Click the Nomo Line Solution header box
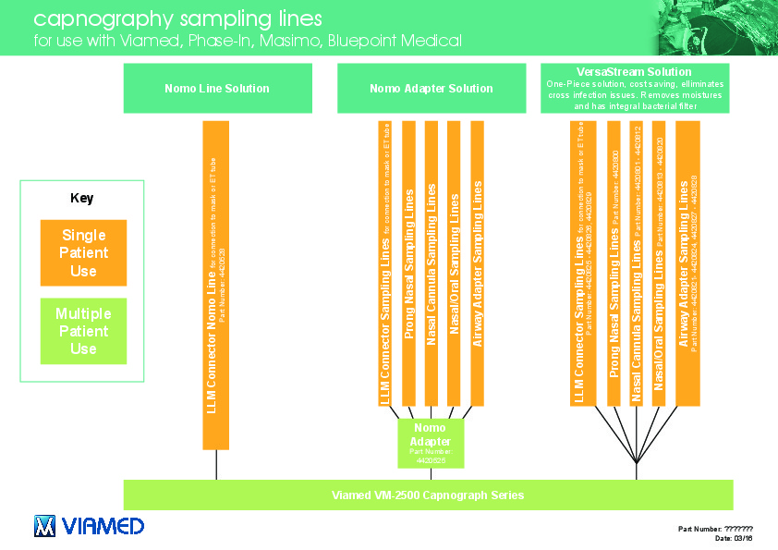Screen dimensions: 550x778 point(216,89)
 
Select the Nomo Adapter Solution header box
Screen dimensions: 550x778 point(431,89)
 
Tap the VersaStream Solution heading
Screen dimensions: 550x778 point(634,72)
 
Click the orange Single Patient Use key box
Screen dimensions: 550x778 point(83,252)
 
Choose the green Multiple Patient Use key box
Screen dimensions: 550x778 point(83,331)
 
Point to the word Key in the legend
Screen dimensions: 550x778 point(82,198)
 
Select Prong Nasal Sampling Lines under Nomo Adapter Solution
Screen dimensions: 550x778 point(408,263)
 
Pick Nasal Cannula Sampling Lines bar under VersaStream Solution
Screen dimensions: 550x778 point(636,263)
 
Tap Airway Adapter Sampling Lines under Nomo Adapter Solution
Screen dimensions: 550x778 point(477,263)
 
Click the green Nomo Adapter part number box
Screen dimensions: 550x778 point(430,444)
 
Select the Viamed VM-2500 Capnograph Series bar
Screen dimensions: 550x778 point(428,495)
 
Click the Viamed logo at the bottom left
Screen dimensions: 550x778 point(89,526)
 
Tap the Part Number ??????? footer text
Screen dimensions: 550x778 point(715,529)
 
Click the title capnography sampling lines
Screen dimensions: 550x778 point(178,18)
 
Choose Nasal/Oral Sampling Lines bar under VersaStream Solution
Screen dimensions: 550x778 point(658,263)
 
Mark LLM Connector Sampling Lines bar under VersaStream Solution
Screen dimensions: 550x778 point(582,263)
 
